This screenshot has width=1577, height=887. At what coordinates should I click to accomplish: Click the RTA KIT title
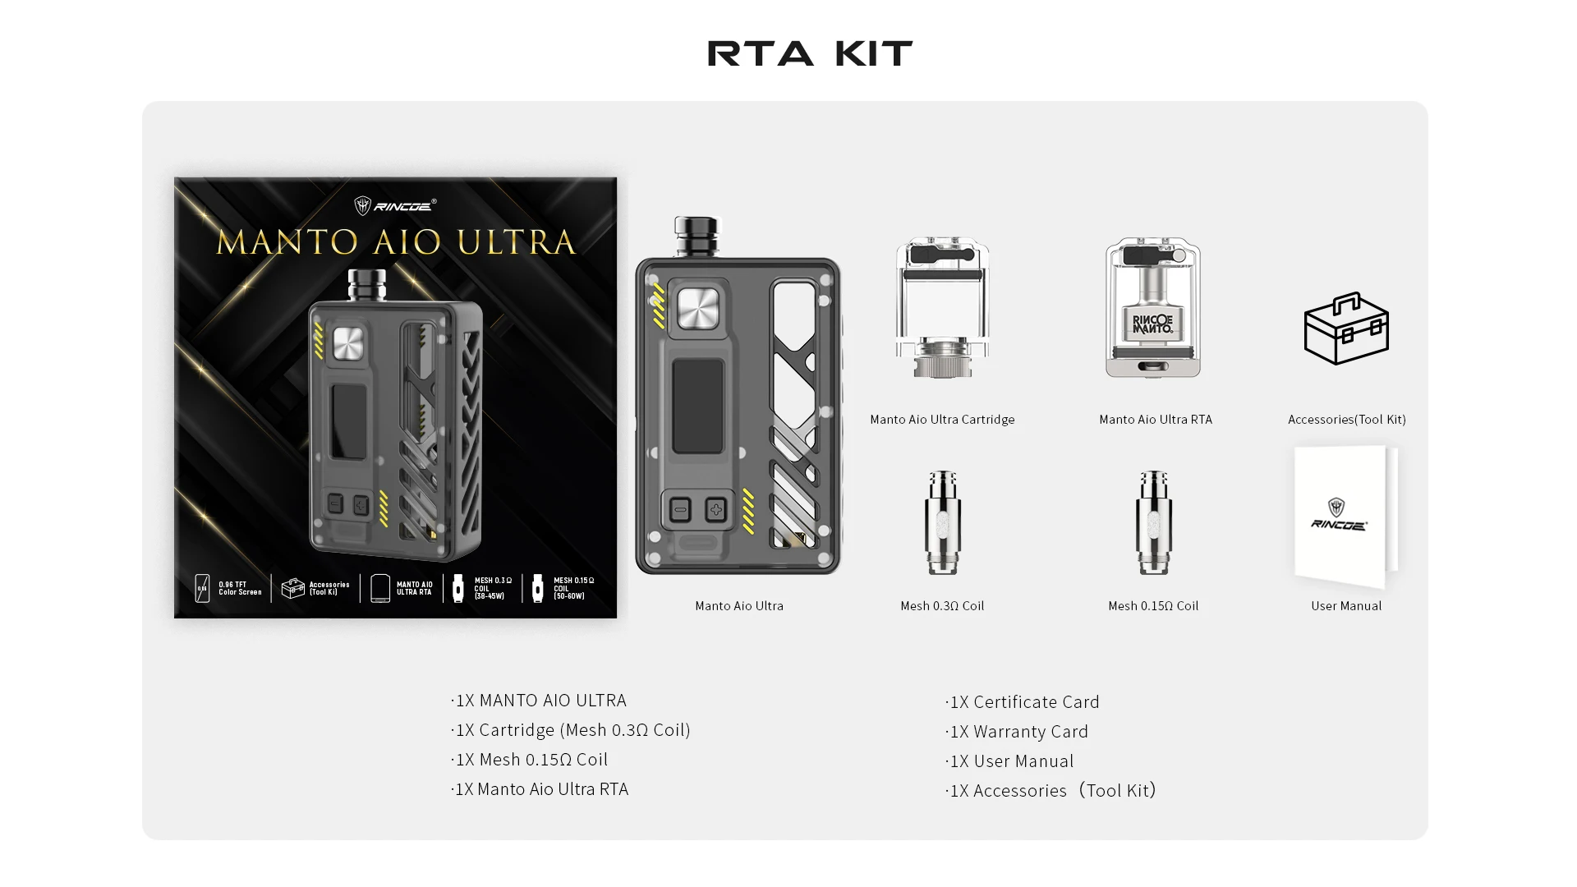[x=810, y=54]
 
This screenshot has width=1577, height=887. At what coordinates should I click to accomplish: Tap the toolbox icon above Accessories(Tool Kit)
[x=1346, y=329]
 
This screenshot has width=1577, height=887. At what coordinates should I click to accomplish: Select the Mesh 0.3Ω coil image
[x=942, y=522]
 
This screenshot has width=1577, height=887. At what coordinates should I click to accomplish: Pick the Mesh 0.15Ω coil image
[x=1153, y=522]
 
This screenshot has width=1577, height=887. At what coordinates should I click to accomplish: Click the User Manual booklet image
[x=1345, y=517]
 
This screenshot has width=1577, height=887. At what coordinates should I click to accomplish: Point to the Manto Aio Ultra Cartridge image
[x=942, y=308]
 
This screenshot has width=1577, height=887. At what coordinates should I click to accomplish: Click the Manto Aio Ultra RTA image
[x=1153, y=308]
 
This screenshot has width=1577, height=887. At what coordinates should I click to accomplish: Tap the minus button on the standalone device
[x=680, y=510]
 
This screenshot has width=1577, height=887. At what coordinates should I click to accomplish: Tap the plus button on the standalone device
[x=715, y=510]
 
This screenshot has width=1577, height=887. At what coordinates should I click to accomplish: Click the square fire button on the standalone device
[x=697, y=309]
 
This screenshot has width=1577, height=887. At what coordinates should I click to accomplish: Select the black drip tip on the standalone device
[x=696, y=235]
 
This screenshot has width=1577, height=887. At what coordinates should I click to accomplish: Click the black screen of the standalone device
[x=697, y=406]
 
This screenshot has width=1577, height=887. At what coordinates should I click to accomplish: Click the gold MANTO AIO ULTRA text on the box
[x=395, y=242]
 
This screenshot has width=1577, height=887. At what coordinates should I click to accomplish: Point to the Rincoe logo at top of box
[x=395, y=205]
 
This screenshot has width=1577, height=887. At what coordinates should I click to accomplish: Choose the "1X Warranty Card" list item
[x=1018, y=732]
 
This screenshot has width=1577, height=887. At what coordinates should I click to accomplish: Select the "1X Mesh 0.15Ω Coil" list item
[x=531, y=760]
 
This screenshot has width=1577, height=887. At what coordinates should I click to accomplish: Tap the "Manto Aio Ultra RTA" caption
[x=1155, y=420]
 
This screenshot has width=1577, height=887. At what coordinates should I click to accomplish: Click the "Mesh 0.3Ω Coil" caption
[x=942, y=606]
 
